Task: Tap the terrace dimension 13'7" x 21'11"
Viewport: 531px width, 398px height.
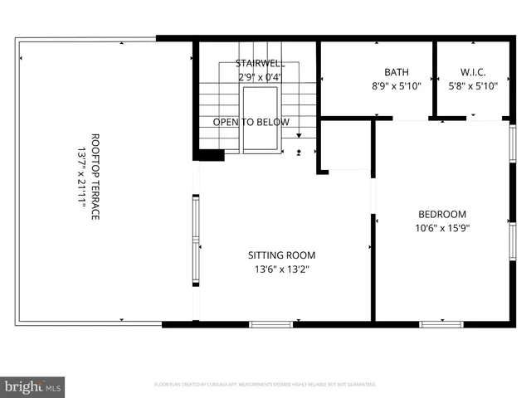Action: click(81, 177)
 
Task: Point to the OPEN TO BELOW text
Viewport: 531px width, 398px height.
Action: click(251, 122)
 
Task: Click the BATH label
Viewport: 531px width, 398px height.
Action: click(396, 72)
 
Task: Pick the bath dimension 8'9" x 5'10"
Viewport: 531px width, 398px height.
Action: click(396, 85)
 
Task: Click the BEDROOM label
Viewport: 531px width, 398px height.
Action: click(441, 213)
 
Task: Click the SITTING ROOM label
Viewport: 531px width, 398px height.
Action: click(282, 255)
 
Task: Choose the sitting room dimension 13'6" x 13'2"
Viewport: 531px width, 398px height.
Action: click(282, 269)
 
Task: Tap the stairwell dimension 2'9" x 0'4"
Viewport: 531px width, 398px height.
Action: click(257, 76)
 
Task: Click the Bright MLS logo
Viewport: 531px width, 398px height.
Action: click(33, 386)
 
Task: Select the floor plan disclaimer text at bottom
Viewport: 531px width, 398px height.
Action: click(265, 385)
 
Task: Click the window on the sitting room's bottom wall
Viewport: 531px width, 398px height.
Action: click(271, 324)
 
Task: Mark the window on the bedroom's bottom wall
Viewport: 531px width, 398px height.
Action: click(441, 324)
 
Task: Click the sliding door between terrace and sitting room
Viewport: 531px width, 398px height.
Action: click(196, 240)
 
